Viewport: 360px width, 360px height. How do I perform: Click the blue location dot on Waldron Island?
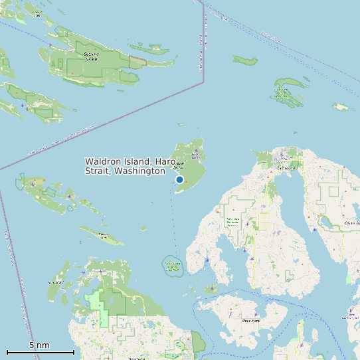coord(179,179)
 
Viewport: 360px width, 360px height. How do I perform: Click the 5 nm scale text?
coord(39,345)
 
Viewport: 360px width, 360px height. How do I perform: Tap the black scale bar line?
coord(40,352)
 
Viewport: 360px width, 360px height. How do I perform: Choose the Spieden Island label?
coord(103,234)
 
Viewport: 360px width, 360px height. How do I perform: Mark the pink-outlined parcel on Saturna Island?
coord(137,62)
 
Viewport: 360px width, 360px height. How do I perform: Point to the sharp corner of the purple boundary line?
coord(203,82)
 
